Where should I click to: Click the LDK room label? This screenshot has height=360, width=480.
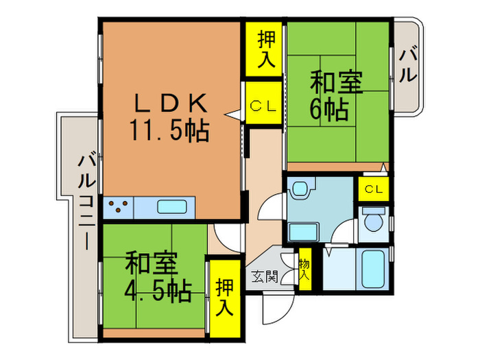[169, 104]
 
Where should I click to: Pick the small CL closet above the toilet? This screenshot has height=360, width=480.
[374, 189]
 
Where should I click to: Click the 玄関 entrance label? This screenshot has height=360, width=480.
[264, 277]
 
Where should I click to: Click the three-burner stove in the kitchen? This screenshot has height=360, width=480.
[119, 206]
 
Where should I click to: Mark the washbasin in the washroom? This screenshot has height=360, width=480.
[302, 231]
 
